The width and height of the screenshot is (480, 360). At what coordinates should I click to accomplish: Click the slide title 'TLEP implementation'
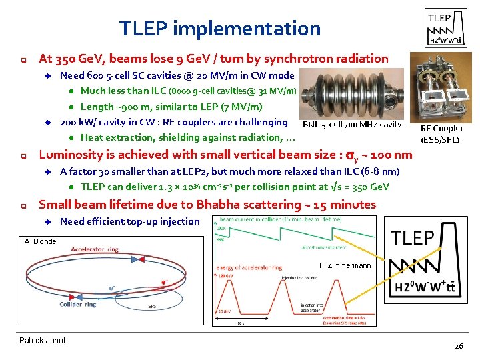pos(220,29)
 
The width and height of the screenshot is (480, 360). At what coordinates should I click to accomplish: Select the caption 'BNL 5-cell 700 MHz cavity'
pos(352,125)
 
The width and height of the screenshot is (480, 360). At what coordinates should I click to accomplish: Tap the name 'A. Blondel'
pos(41,241)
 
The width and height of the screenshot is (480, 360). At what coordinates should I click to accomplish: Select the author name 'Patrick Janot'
pos(43,341)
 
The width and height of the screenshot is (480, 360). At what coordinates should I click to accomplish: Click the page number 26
pos(458,346)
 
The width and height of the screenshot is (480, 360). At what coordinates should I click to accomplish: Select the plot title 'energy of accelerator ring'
pos(249,267)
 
